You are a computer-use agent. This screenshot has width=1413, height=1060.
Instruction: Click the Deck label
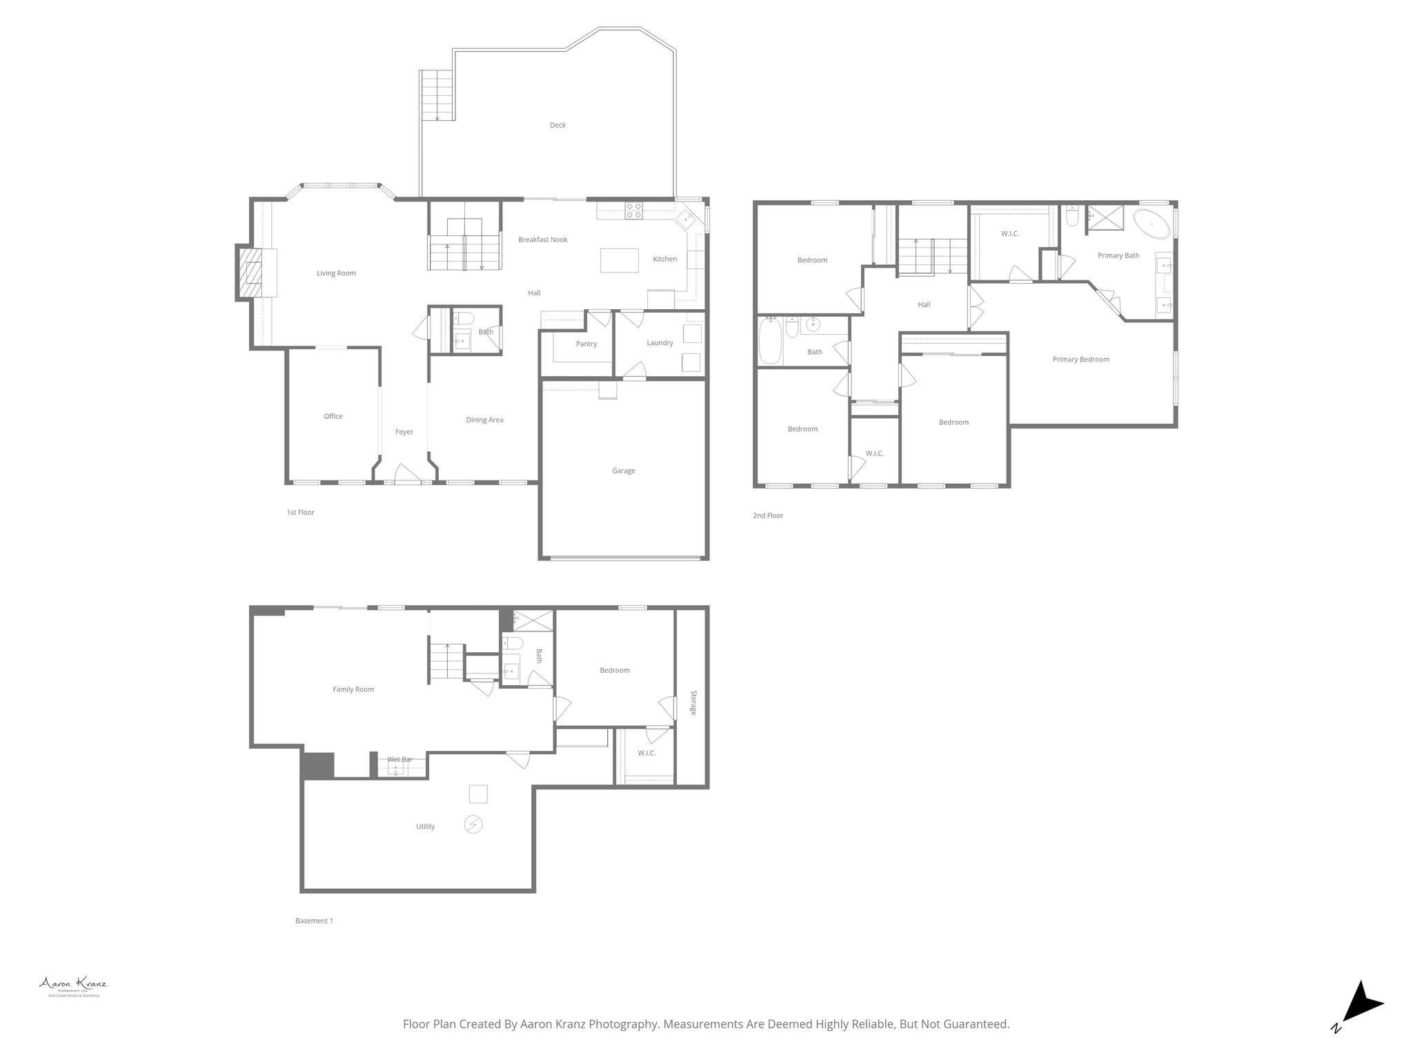point(557,125)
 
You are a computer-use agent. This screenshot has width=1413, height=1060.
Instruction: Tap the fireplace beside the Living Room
point(251,272)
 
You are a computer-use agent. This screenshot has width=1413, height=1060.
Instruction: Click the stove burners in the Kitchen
point(633,210)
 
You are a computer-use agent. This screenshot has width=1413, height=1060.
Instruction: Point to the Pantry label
point(586,344)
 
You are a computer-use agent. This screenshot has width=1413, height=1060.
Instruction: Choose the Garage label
point(623,471)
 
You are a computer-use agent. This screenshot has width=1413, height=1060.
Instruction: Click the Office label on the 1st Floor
point(333,416)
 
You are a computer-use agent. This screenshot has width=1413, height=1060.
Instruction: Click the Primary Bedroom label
point(1080,359)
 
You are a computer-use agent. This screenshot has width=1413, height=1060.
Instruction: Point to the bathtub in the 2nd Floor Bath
point(770,340)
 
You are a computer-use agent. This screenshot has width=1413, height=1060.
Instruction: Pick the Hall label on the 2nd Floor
point(924,304)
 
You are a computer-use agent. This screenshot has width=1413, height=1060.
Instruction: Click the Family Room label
point(353,689)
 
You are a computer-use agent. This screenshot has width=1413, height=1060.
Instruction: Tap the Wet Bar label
point(399,759)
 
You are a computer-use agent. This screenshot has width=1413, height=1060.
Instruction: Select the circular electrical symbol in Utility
point(473,824)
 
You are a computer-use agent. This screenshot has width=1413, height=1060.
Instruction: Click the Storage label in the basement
point(693,702)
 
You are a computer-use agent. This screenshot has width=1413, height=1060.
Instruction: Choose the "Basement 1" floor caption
point(314,921)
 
